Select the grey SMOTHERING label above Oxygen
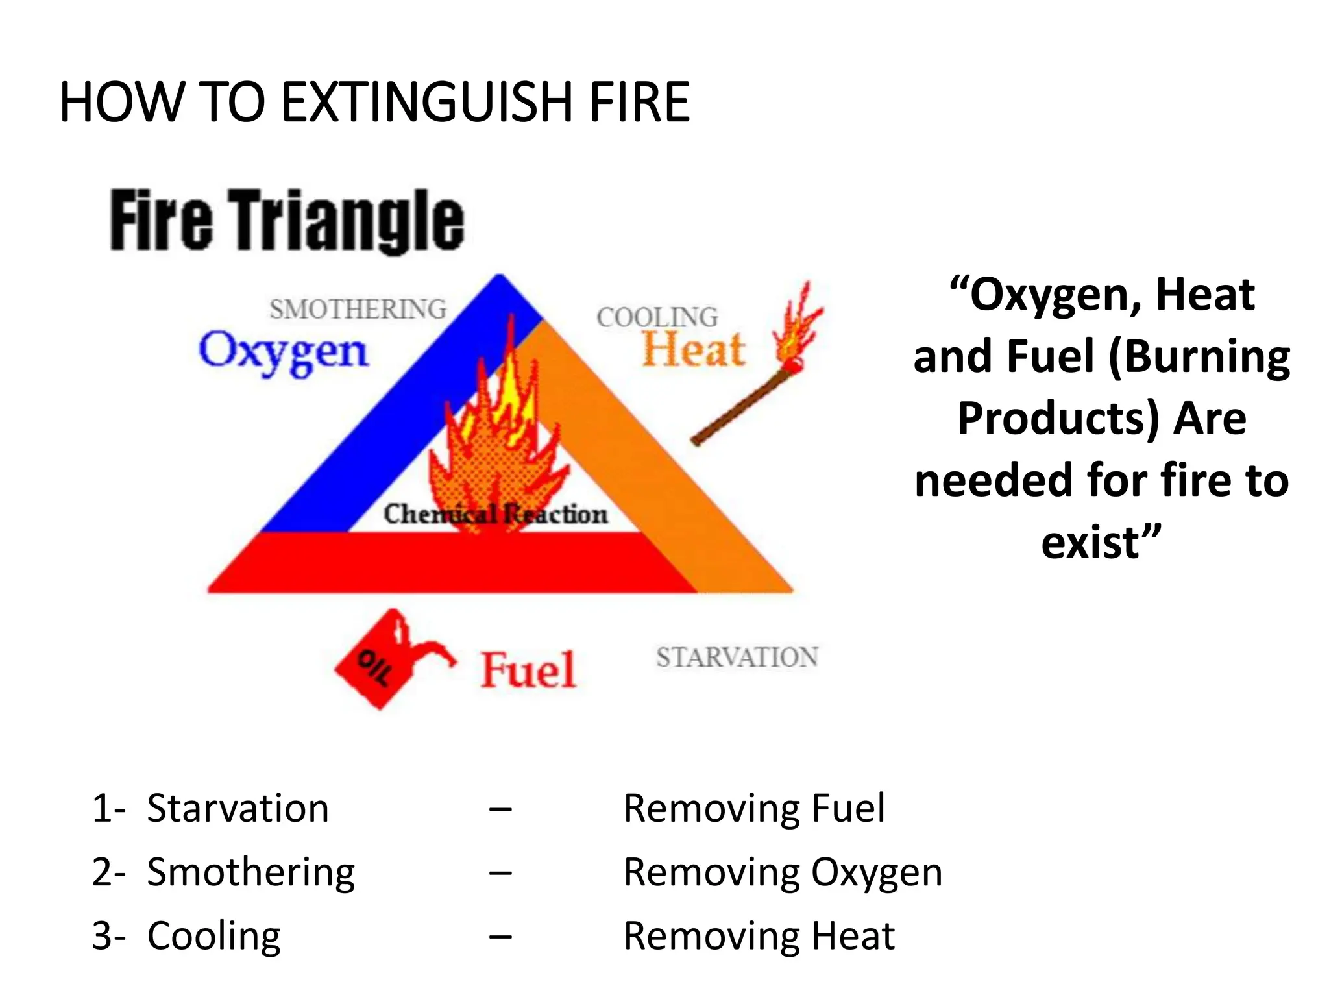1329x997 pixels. pyautogui.click(x=358, y=310)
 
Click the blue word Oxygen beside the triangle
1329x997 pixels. pyautogui.click(x=283, y=352)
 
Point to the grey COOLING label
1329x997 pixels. pyautogui.click(x=657, y=317)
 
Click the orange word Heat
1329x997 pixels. pyautogui.click(x=693, y=351)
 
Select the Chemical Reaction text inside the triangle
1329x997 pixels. pyautogui.click(x=496, y=514)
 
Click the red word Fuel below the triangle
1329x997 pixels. pyautogui.click(x=528, y=670)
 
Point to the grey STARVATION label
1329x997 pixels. pyautogui.click(x=737, y=658)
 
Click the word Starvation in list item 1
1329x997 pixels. pyautogui.click(x=238, y=809)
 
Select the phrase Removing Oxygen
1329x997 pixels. pyautogui.click(x=783, y=872)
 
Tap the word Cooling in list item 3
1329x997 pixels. pyautogui.click(x=214, y=936)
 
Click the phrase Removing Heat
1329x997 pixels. pyautogui.click(x=759, y=936)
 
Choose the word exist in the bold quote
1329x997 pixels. pyautogui.click(x=1090, y=543)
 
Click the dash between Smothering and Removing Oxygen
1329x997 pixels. pyautogui.click(x=500, y=873)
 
